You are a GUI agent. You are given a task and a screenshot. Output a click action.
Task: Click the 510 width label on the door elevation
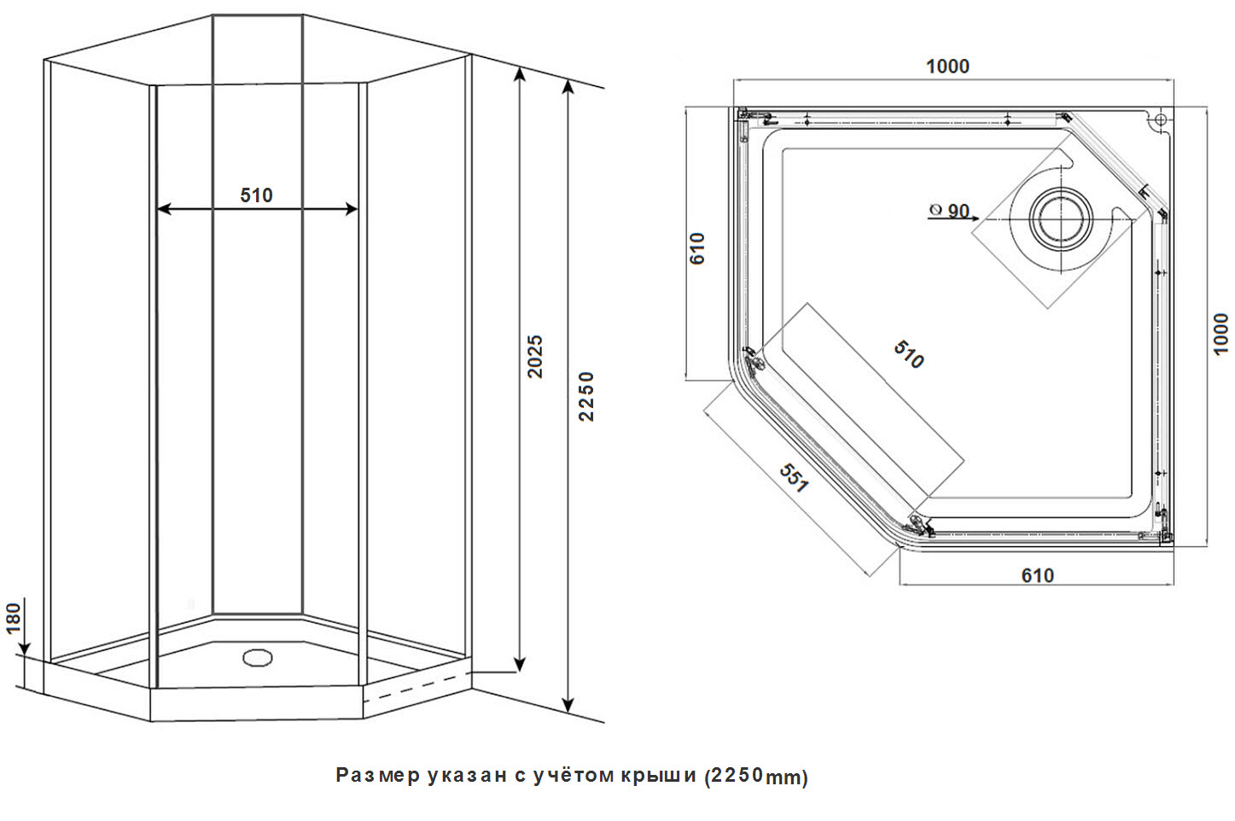(x=256, y=195)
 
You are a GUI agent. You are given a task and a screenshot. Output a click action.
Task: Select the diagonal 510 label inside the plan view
(x=908, y=354)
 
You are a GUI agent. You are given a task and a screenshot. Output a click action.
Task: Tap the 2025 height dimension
(x=534, y=357)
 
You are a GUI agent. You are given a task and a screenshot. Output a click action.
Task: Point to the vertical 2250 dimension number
(x=586, y=396)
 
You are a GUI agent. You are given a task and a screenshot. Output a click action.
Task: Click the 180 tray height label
(x=14, y=618)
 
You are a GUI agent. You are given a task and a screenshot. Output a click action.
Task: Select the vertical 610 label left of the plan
(x=698, y=248)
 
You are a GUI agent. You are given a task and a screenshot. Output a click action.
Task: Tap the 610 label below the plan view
(x=1037, y=576)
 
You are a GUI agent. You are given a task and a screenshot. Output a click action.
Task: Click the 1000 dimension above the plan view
(x=947, y=67)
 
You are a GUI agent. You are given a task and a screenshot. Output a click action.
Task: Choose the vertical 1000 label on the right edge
(x=1220, y=334)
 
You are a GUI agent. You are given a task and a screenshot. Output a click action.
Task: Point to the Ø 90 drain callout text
(x=949, y=211)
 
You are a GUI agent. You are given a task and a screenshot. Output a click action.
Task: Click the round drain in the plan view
(x=1061, y=218)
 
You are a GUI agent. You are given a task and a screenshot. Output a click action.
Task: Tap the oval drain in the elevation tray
(x=256, y=657)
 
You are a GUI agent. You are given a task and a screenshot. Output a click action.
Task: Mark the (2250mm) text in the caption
(x=756, y=776)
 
